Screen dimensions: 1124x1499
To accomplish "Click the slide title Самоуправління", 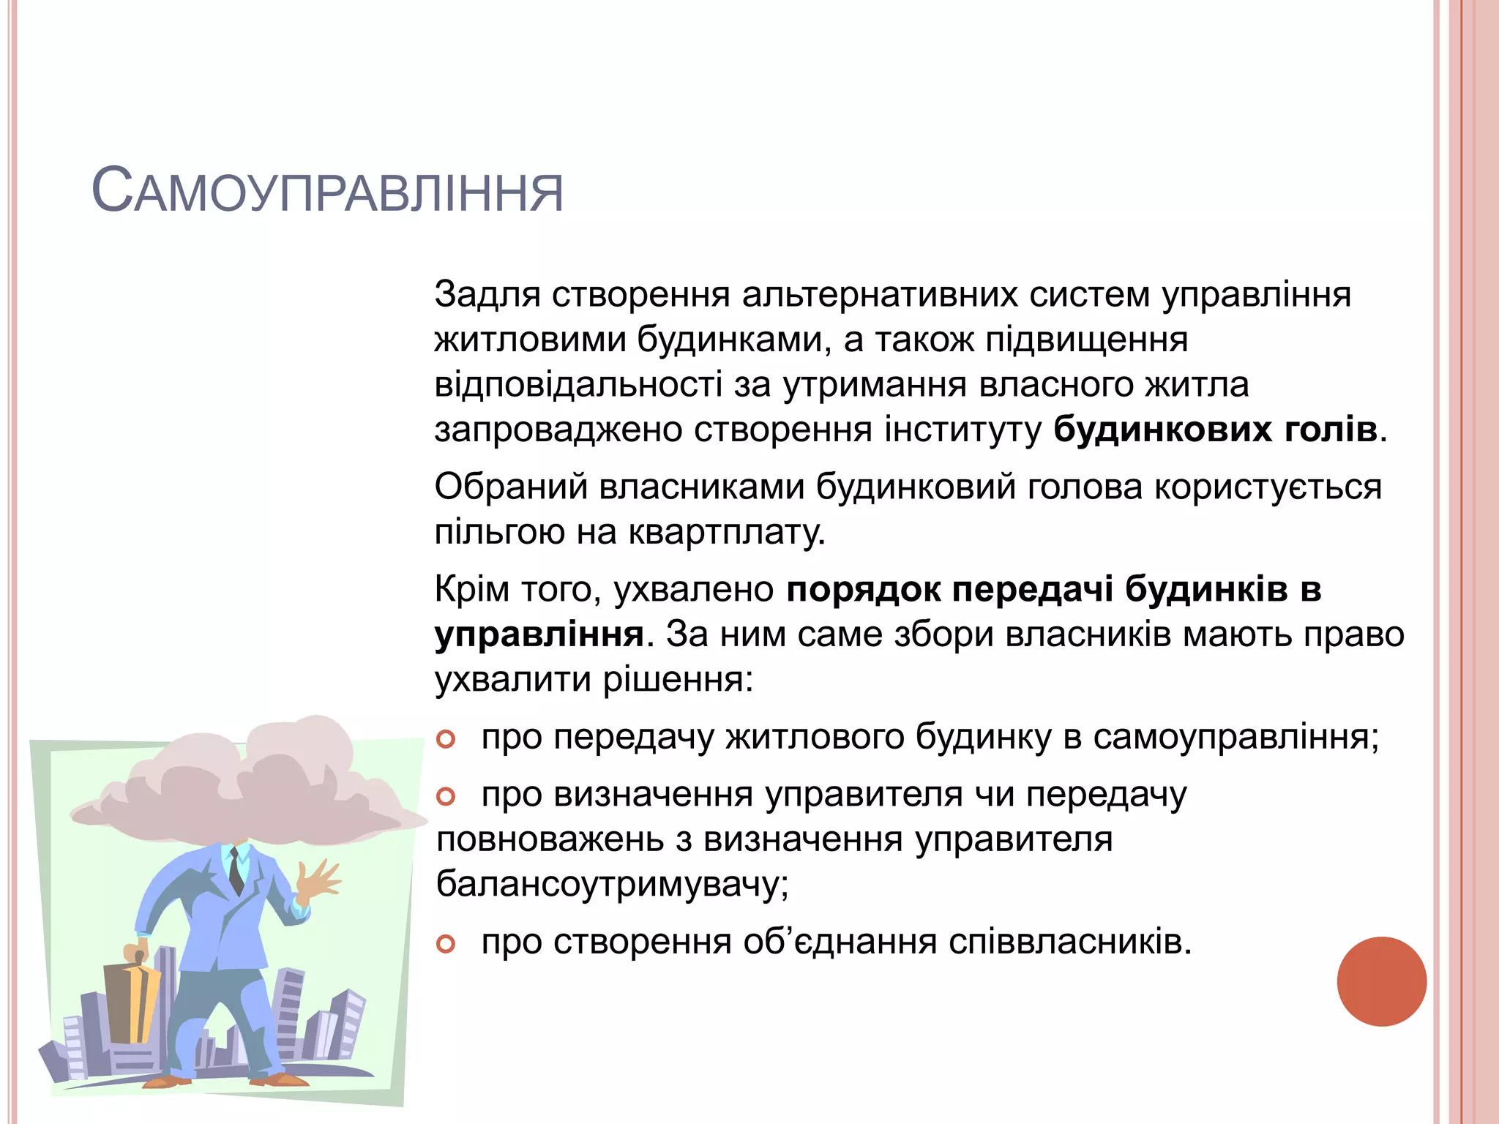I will [327, 192].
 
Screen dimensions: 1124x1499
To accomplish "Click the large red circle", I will [1381, 981].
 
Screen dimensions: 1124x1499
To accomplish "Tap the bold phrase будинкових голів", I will [1215, 430].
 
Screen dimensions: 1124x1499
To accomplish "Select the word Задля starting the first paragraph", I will [487, 295].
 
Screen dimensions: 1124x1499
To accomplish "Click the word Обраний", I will [511, 487].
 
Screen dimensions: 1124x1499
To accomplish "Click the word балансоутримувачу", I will [612, 884].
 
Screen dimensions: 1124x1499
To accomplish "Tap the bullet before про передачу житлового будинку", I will [446, 739].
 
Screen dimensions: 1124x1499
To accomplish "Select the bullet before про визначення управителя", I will [446, 796].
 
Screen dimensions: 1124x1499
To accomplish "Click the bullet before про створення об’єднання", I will [446, 944].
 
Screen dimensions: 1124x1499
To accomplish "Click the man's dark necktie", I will [236, 870].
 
